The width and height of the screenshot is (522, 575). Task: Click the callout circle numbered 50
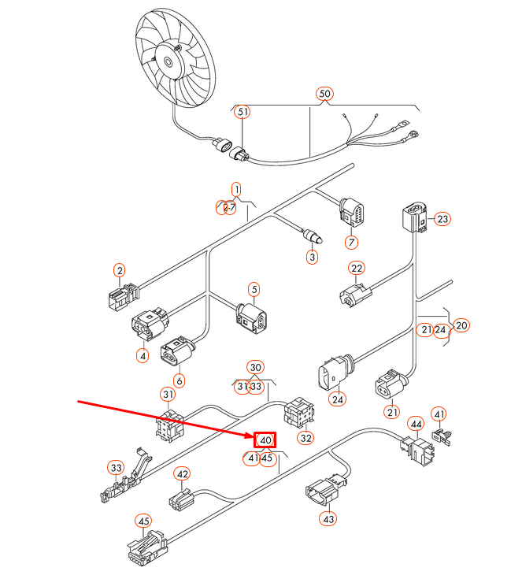(325, 94)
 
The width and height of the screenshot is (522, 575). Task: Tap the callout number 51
(243, 113)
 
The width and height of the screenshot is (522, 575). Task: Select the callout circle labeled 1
(235, 189)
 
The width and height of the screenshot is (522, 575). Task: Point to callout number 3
(312, 256)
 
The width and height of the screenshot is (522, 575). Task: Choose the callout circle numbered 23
(443, 219)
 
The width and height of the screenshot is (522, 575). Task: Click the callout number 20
(461, 325)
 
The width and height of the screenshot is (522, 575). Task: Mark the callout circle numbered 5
(254, 290)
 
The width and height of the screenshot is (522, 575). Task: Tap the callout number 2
(120, 272)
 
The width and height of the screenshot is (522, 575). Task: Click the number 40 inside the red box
(265, 440)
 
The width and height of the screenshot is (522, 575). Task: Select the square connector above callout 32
(297, 410)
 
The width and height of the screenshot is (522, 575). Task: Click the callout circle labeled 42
(183, 474)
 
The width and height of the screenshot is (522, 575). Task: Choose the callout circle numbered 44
(416, 425)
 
